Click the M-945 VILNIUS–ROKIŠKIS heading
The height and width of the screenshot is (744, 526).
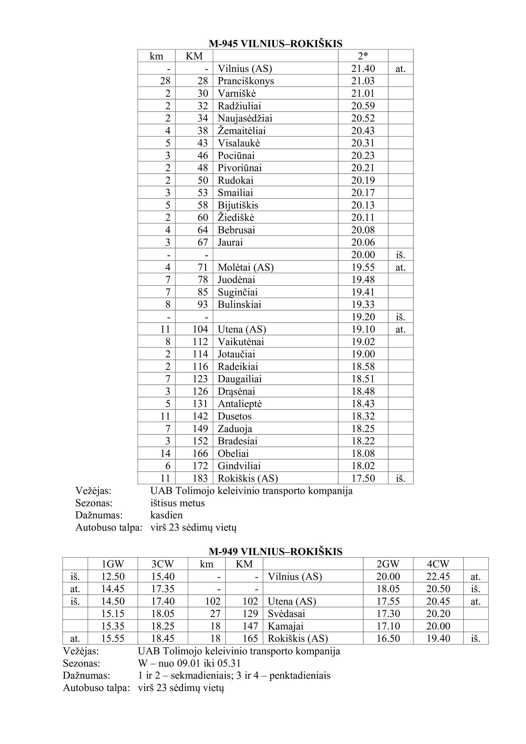click(275, 44)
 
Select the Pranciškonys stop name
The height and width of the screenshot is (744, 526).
click(246, 81)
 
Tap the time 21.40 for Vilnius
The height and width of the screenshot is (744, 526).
click(363, 69)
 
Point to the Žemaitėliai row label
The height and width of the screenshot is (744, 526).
click(244, 131)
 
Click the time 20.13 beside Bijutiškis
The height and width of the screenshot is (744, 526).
click(363, 205)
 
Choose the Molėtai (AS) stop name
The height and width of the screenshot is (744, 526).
click(246, 267)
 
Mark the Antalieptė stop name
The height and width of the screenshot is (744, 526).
click(240, 404)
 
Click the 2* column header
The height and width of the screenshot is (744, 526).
click(363, 56)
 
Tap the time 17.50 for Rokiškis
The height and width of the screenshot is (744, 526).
click(363, 478)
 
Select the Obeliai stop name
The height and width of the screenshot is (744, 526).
click(233, 454)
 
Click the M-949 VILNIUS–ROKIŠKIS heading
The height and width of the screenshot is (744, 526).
click(275, 552)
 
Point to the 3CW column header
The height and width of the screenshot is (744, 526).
click(163, 564)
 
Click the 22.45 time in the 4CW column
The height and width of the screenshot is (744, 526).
click(438, 577)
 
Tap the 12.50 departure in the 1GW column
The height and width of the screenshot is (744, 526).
click(113, 577)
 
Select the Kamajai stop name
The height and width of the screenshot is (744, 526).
click(286, 626)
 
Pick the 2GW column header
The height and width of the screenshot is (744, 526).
click(388, 564)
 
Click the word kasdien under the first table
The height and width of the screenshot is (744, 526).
click(166, 515)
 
